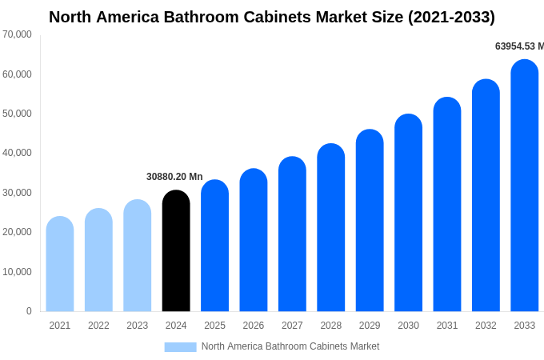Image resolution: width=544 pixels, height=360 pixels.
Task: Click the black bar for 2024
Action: pos(176,251)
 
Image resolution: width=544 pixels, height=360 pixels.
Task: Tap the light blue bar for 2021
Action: pos(60,264)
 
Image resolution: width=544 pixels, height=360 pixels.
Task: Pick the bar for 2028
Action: pos(331,228)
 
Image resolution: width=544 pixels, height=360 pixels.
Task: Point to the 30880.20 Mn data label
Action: pos(174,177)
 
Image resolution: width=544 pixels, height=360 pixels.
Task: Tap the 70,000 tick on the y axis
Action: pos(18,34)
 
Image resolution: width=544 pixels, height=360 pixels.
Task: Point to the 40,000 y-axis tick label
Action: pos(18,153)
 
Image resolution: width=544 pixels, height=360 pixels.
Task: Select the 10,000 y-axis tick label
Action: pos(18,272)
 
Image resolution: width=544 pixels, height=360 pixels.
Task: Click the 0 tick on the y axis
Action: pos(29,311)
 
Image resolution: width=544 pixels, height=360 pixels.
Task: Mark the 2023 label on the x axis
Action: pos(138,326)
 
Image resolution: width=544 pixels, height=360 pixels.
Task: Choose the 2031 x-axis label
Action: pos(447,326)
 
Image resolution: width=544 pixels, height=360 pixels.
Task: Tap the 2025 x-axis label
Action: pos(214,326)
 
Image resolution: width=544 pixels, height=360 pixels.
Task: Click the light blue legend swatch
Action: pos(180,346)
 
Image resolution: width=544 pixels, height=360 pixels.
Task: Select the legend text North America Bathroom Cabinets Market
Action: pos(290,346)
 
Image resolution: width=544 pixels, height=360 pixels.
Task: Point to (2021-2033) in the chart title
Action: pos(451,17)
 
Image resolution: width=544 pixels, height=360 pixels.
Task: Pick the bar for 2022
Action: pos(98,260)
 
